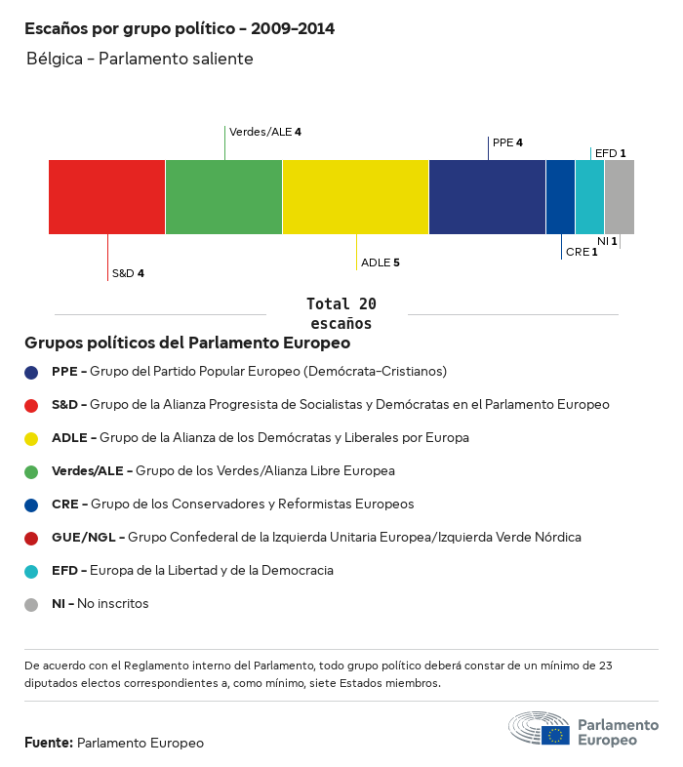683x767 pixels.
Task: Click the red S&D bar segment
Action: (106, 197)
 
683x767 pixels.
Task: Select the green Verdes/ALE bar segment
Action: (223, 197)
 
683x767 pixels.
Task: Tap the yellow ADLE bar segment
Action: (355, 197)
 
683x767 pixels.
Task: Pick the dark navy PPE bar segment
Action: (487, 197)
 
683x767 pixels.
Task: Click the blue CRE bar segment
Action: (560, 197)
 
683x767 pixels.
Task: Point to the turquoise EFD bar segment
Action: (589, 197)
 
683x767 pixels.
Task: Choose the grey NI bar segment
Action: (620, 197)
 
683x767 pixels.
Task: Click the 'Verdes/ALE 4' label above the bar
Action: (265, 131)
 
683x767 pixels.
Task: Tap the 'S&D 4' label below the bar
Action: (128, 273)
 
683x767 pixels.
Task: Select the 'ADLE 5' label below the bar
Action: (381, 262)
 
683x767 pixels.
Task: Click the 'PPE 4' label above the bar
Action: (507, 142)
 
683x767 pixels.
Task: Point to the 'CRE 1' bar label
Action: (582, 252)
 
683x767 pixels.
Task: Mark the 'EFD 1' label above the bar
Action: (610, 153)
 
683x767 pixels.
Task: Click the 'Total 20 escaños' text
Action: (341, 313)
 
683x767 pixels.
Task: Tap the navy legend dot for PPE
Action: (31, 372)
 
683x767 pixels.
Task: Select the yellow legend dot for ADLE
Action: (31, 438)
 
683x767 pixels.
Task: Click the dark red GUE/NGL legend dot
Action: (31, 538)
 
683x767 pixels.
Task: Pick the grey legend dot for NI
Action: (31, 604)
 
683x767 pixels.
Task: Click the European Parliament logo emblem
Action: (540, 729)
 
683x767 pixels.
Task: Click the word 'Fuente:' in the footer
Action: (49, 743)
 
